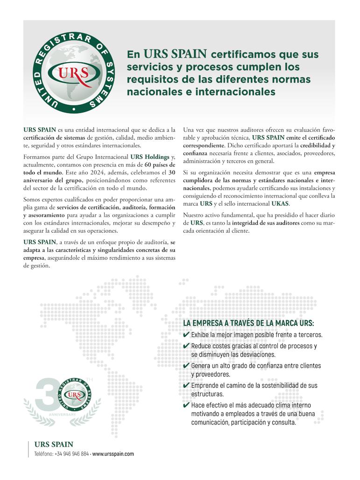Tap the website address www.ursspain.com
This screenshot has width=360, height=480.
[113, 454]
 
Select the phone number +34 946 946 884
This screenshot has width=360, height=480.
[72, 454]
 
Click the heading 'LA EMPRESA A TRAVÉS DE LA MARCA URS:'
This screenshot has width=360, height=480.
[248, 323]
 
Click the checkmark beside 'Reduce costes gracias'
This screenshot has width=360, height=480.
[186, 346]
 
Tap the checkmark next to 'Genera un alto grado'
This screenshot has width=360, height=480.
[186, 366]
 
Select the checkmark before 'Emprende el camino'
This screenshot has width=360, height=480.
[186, 386]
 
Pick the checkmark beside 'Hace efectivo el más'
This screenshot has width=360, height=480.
[186, 405]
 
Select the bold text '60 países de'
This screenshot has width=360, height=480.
[160, 164]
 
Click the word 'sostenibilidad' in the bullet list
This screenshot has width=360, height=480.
[275, 386]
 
